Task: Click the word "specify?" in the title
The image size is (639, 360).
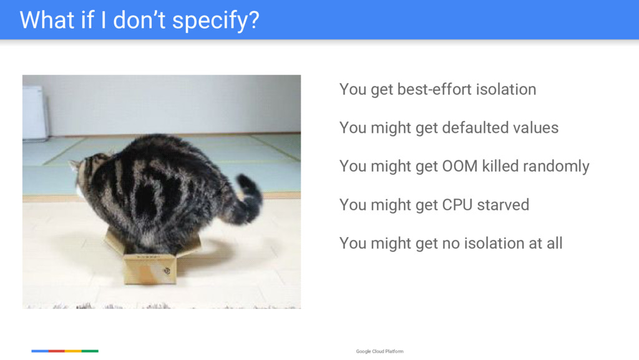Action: pos(215,21)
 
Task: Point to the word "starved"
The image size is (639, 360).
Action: pos(504,205)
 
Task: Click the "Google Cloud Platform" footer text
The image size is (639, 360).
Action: pos(380,351)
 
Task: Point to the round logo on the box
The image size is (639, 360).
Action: pos(167,271)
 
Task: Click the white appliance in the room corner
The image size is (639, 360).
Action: pos(35,113)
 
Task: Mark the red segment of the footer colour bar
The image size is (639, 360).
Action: pos(56,351)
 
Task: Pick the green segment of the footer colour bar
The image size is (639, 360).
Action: pos(90,351)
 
